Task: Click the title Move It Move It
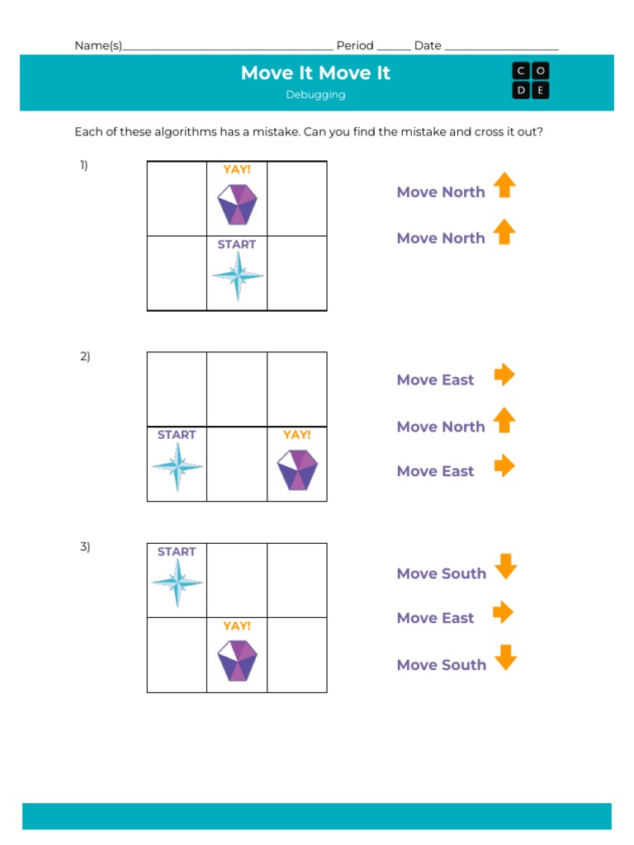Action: click(315, 73)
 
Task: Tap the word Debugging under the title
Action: click(315, 95)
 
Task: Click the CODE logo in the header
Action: click(530, 81)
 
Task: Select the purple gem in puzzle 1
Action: click(237, 204)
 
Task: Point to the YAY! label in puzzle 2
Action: click(296, 435)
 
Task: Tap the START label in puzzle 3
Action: click(177, 552)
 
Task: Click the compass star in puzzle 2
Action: click(177, 467)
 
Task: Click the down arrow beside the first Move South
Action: click(505, 566)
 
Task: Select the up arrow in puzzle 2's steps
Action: click(504, 420)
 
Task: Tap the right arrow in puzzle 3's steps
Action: click(504, 612)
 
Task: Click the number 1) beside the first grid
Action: click(84, 165)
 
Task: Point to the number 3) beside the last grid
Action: click(84, 546)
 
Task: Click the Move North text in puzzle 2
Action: click(441, 427)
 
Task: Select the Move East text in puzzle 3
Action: click(435, 618)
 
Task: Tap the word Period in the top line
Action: click(355, 46)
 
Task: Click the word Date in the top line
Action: click(428, 46)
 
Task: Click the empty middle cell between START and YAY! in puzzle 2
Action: click(237, 464)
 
